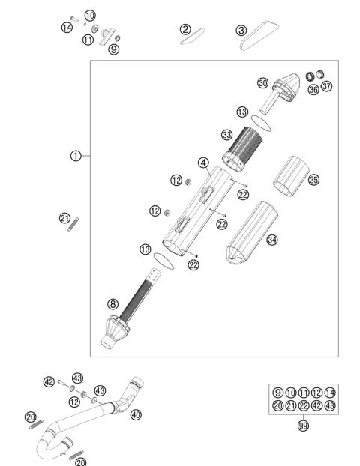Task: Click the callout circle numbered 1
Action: [x=75, y=156]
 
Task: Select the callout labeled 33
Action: [x=226, y=136]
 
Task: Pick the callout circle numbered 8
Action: [x=113, y=303]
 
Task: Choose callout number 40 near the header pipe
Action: [x=135, y=414]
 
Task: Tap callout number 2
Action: [x=185, y=29]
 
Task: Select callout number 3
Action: [x=241, y=30]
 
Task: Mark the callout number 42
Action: [x=49, y=381]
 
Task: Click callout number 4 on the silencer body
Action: [x=203, y=163]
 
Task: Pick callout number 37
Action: [x=326, y=87]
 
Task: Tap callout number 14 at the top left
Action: [x=66, y=28]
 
